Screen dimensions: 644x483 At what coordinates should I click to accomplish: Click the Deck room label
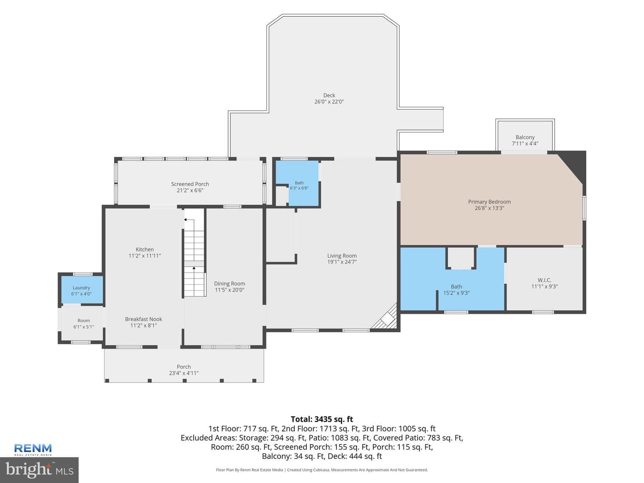tap(329, 95)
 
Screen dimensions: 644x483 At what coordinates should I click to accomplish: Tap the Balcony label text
tap(525, 137)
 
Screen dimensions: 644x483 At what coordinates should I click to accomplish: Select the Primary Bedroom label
tap(489, 202)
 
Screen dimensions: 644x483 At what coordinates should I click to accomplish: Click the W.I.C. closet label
tap(544, 280)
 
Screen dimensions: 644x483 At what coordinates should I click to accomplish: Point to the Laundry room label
tap(81, 288)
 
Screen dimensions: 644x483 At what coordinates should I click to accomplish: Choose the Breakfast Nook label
tap(144, 319)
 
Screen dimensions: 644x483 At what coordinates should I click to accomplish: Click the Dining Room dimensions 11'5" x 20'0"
tap(229, 290)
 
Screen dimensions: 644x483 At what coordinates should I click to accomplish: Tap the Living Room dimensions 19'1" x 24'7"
tap(342, 262)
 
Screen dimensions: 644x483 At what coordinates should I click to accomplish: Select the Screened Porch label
tap(190, 184)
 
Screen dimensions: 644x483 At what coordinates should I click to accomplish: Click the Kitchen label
tap(144, 249)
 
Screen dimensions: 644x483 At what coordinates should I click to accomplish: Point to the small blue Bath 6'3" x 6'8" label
tap(299, 185)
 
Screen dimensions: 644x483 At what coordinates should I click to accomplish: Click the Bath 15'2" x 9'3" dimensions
tap(456, 292)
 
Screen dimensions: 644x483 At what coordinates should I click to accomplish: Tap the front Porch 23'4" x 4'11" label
tap(184, 370)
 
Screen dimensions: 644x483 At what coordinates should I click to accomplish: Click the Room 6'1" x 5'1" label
tap(84, 324)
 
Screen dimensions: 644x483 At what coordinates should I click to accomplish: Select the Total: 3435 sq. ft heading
tap(322, 419)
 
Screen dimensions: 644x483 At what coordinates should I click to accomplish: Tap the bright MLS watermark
tap(39, 470)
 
